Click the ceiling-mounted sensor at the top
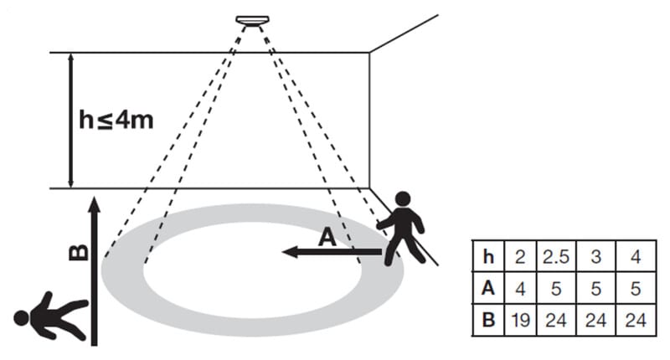pos(250,20)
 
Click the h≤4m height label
pos(116,119)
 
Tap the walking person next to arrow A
pos(405,228)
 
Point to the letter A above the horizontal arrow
pos(327,239)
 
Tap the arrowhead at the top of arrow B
pos(94,203)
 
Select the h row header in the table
pos(488,257)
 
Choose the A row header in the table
pos(488,288)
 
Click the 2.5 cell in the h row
pos(555,257)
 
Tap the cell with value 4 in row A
pos(519,288)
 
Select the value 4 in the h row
pos(635,257)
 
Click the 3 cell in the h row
pos(595,257)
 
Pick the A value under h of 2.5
pos(555,288)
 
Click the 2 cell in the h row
pos(519,257)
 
